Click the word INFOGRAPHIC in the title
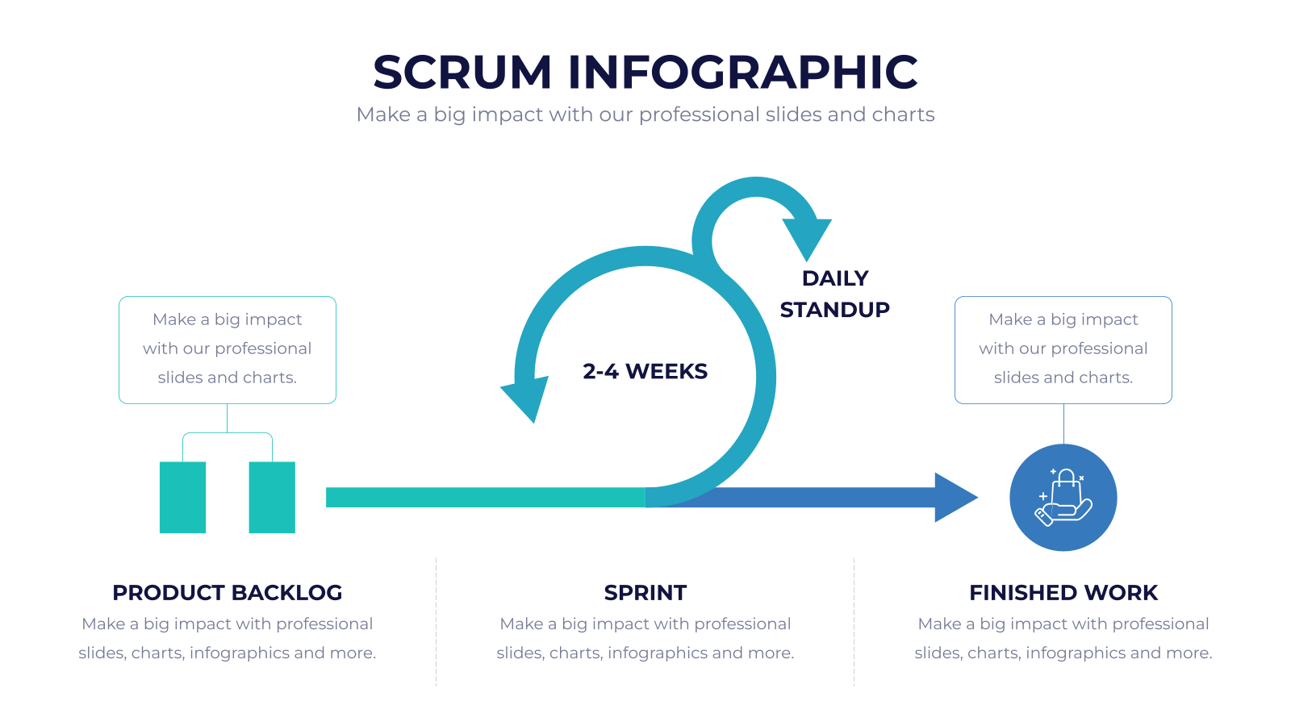[x=743, y=73]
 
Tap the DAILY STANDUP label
[x=834, y=294]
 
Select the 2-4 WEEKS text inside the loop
[x=645, y=372]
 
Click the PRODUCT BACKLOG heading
[x=227, y=593]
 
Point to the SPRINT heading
[x=645, y=593]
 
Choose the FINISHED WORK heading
[x=1063, y=593]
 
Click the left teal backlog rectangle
[x=182, y=497]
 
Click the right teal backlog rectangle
[x=272, y=497]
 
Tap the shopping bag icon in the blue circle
[x=1063, y=497]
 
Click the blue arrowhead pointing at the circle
[x=955, y=497]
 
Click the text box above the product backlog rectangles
[x=227, y=350]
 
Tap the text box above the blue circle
[x=1063, y=350]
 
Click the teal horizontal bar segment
[x=485, y=497]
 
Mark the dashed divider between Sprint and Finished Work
[x=854, y=621]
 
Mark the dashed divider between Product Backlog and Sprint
[x=437, y=621]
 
